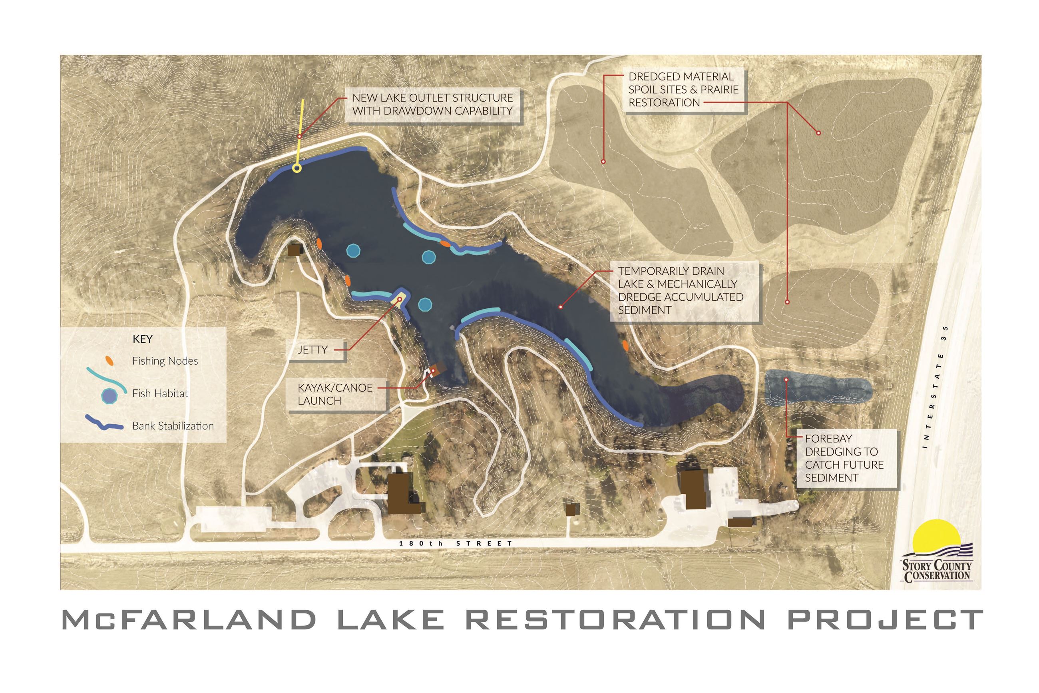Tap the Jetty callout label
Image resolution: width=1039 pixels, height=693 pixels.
click(312, 349)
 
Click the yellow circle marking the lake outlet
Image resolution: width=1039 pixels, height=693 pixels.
click(297, 168)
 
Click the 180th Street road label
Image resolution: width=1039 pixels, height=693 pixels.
click(455, 543)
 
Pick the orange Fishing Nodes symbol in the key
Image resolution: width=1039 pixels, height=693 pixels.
click(109, 361)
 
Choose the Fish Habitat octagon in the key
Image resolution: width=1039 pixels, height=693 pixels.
click(109, 395)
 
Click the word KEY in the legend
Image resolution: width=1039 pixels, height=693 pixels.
click(142, 339)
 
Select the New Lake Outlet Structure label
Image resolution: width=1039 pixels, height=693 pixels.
click(432, 104)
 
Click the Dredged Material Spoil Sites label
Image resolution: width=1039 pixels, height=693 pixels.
click(683, 90)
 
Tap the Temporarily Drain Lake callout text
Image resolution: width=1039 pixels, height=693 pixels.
click(681, 290)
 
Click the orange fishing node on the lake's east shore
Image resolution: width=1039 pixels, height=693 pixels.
click(625, 345)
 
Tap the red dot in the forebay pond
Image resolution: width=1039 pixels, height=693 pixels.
click(786, 379)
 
